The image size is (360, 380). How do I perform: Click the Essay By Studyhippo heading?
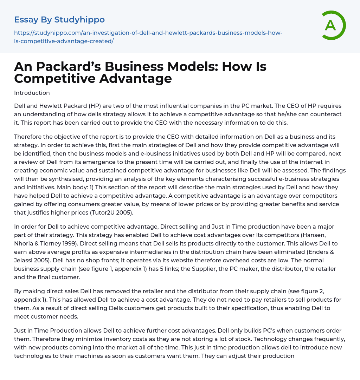59,20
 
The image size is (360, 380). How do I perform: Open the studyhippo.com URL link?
148,37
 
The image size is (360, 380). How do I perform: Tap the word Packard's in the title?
65,67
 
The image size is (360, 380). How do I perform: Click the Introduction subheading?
32,93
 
